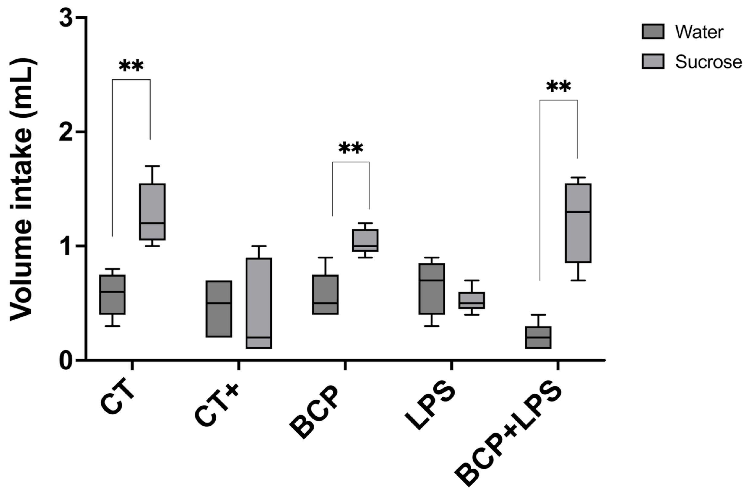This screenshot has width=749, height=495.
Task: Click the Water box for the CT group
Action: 112,294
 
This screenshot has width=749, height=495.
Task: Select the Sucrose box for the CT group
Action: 152,211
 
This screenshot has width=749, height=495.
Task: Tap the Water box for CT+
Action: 219,309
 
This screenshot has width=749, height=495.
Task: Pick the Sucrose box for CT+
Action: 259,303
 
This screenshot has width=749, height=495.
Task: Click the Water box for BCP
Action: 325,294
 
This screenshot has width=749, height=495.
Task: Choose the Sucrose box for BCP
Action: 366,240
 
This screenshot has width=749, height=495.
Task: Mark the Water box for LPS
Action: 431,289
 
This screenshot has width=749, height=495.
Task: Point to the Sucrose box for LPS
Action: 472,300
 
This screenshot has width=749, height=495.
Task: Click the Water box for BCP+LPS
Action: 538,337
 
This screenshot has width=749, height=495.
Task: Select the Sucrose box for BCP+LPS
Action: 578,223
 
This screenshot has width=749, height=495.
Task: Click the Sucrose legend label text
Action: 708,62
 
